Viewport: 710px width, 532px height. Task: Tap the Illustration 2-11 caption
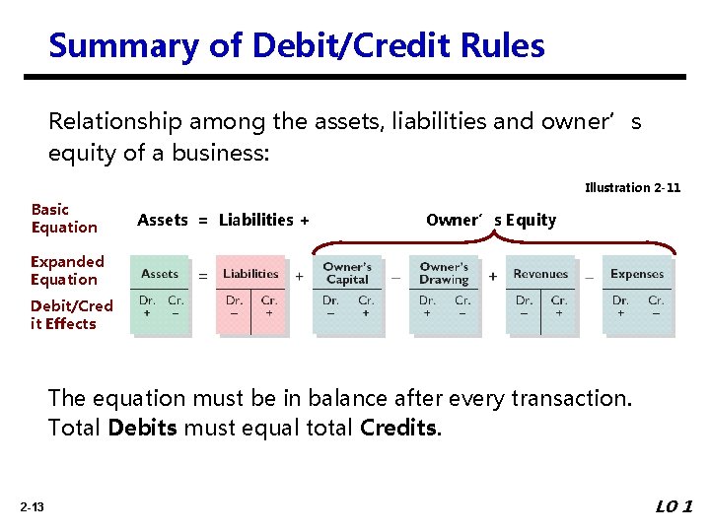point(632,187)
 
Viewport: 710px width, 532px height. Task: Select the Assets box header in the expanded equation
point(160,274)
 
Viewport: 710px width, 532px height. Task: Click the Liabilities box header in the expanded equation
point(250,274)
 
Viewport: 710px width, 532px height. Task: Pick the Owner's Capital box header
point(347,273)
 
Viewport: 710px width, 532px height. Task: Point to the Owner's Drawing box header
point(444,273)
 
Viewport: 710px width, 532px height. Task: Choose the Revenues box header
point(540,274)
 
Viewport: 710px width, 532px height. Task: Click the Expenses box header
point(637,274)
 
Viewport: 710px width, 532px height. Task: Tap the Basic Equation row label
point(64,218)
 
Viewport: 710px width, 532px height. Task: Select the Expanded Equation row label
point(66,270)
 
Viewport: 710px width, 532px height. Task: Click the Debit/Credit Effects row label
point(71,314)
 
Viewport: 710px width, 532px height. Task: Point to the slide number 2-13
point(31,507)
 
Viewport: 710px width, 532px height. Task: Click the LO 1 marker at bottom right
point(674,506)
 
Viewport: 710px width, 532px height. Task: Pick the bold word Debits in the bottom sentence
point(139,429)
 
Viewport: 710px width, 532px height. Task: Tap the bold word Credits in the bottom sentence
point(399,429)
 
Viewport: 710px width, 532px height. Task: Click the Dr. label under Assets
point(147,300)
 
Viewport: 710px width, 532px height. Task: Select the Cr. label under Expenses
point(656,300)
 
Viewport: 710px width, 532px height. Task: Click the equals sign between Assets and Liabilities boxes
point(204,276)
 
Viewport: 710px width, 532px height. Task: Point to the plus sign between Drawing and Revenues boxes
point(493,276)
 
